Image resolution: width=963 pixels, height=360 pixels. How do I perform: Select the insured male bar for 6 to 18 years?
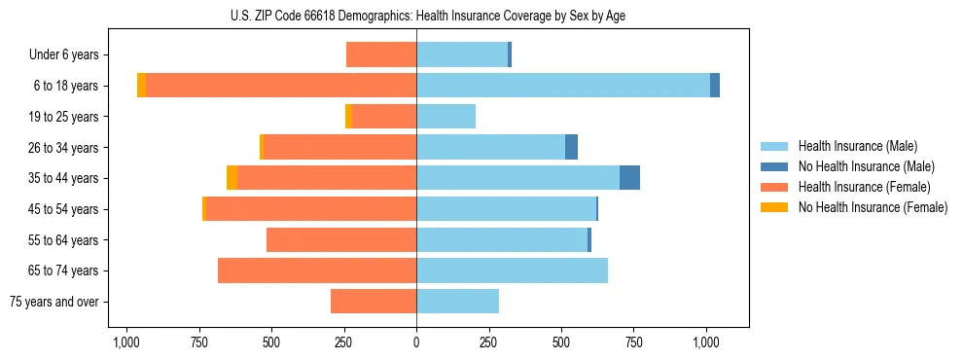562,86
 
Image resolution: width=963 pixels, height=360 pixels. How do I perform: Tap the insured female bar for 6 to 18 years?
281,86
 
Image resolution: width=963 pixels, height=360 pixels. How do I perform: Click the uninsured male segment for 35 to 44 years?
629,178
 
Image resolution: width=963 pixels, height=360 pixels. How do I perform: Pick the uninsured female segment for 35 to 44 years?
232,178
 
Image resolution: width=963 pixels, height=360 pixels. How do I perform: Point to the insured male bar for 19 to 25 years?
446,117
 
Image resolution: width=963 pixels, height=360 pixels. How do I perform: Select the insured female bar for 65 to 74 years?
317,270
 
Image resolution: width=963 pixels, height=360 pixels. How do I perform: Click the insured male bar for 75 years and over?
457,302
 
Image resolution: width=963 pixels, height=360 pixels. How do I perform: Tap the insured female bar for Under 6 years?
381,55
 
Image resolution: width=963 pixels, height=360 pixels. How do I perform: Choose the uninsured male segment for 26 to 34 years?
571,147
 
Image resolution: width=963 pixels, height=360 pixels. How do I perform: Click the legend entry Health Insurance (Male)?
857,146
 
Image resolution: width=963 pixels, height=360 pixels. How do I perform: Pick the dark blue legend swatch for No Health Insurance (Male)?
775,166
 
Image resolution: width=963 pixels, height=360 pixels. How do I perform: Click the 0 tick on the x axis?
416,342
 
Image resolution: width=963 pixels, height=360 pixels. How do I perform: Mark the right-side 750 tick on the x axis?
633,342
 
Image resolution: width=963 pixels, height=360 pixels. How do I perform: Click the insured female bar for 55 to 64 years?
341,239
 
